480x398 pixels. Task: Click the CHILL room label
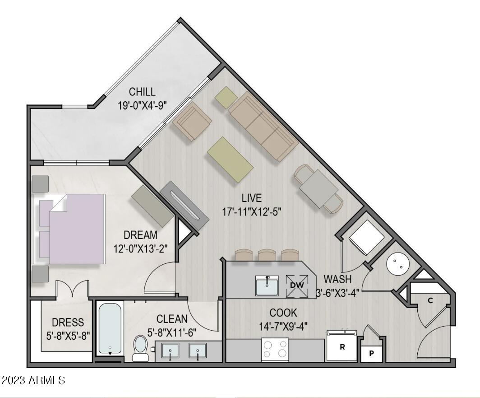coord(142,92)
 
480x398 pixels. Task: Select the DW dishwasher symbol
coord(296,285)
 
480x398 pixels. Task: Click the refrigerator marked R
coord(342,347)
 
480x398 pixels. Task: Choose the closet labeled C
coord(430,300)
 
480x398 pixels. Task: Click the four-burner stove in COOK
coord(275,349)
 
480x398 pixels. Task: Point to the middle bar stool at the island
coord(266,256)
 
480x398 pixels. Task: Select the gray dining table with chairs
coord(319,189)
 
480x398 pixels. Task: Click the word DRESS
coord(68,323)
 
